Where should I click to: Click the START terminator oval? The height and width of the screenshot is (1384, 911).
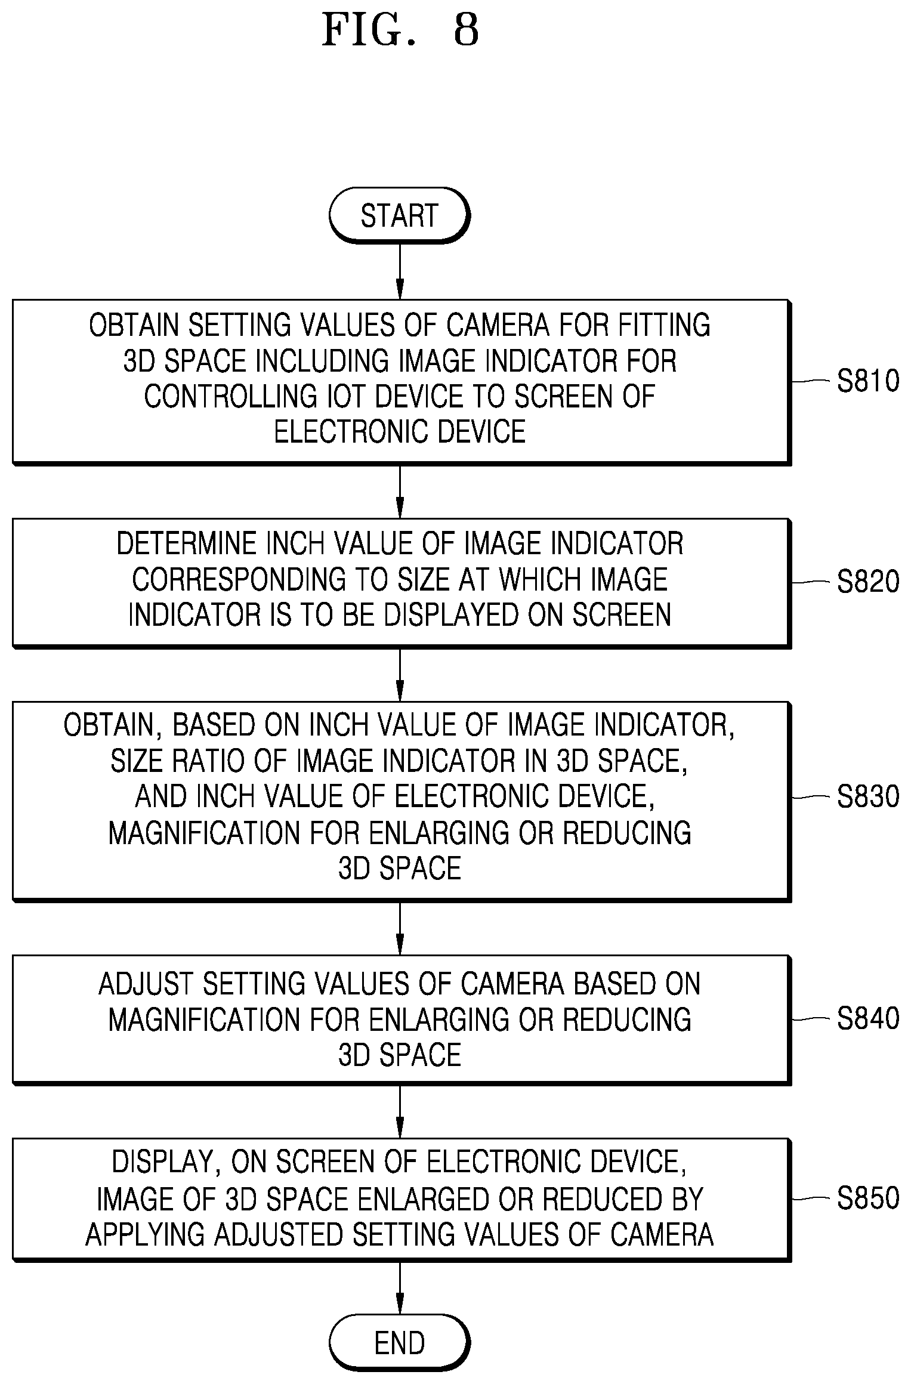(399, 215)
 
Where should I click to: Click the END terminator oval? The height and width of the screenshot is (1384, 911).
(399, 1342)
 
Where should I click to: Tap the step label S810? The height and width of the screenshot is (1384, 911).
(868, 381)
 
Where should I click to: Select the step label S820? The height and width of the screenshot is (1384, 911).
(868, 582)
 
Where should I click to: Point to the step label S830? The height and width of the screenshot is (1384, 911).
(868, 797)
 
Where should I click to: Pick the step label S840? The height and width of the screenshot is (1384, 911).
(868, 1018)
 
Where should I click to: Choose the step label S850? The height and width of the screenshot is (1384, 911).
(868, 1198)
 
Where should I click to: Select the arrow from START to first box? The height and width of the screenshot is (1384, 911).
(400, 271)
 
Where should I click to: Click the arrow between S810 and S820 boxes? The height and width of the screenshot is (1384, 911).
(400, 492)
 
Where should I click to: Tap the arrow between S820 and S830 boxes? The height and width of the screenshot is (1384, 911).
(400, 675)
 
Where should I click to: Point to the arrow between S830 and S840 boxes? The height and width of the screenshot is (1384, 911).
(400, 928)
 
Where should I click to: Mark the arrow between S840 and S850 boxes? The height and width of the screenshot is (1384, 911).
(400, 1112)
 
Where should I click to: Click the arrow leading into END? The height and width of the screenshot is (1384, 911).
(400, 1288)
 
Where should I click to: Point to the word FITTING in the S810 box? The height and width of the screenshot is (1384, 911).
(664, 325)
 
